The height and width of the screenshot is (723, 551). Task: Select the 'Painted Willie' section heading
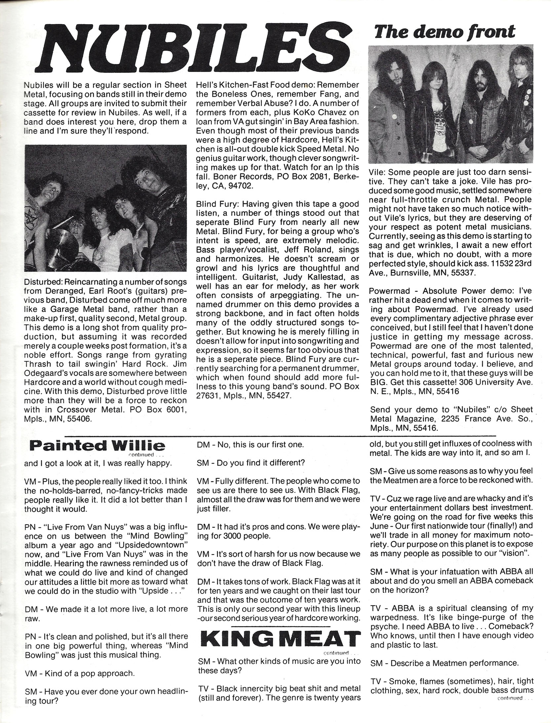tap(95, 446)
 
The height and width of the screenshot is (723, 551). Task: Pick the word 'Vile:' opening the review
tap(378, 173)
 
